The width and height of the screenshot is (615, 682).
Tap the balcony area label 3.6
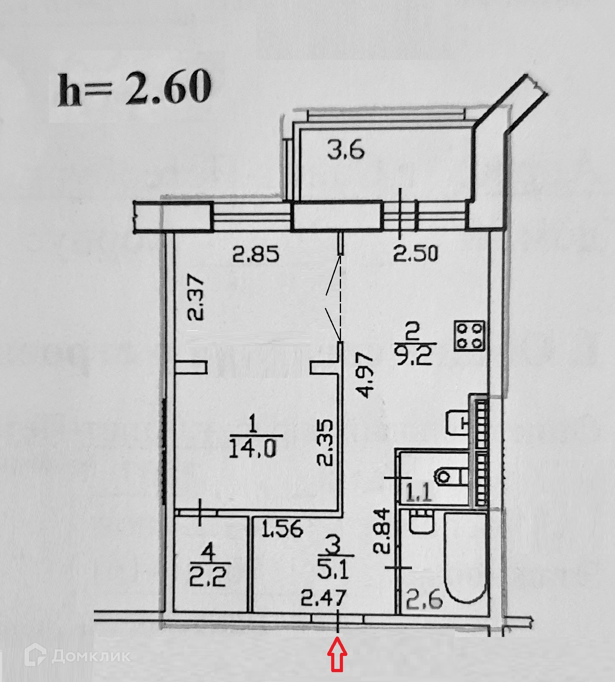pyautogui.click(x=345, y=151)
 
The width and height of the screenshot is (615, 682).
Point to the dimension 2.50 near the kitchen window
pyautogui.click(x=416, y=254)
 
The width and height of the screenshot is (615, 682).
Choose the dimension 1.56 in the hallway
pyautogui.click(x=283, y=528)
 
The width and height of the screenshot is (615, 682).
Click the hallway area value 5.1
pyautogui.click(x=337, y=570)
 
